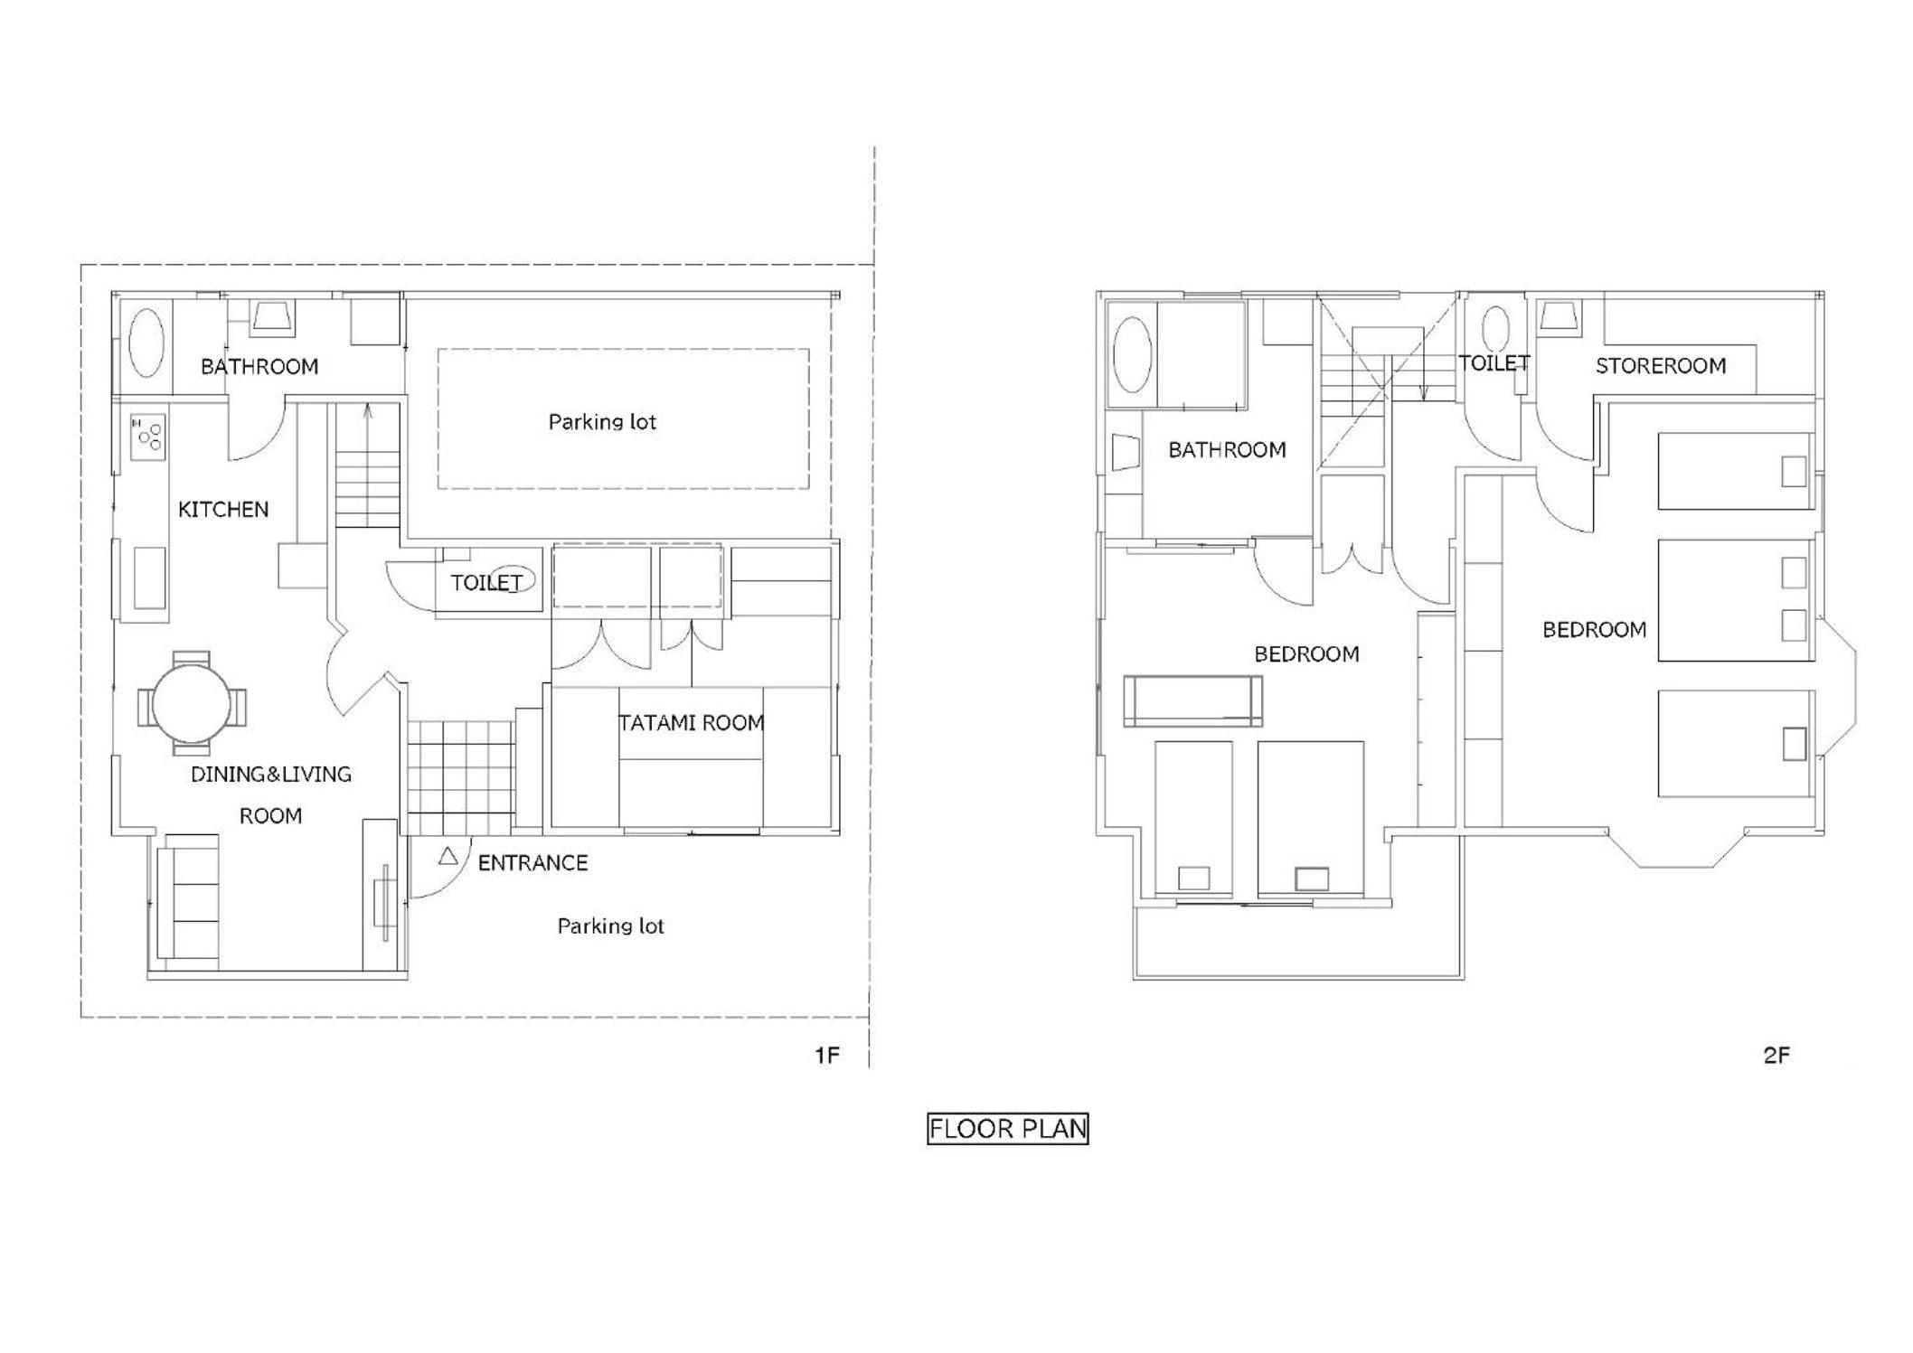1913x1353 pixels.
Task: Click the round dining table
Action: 191,703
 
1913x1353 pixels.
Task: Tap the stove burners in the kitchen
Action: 149,437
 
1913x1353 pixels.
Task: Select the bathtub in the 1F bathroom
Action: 146,343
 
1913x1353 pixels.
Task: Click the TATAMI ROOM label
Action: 692,723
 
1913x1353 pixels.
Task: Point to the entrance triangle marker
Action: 448,855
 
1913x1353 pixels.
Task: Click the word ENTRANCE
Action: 532,863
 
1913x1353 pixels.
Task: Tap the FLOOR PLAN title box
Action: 1008,1129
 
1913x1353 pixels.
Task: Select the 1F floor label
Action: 827,1055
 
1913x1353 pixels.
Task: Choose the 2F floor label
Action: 1776,1055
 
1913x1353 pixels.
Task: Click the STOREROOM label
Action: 1661,366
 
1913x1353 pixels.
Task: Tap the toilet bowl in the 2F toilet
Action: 1496,329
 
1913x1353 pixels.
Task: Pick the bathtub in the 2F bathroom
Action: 1132,354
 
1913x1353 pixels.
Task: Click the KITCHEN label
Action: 223,510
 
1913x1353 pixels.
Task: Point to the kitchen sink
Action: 149,578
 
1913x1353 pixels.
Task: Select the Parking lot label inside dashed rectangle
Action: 602,422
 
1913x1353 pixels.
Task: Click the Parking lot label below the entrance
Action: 610,926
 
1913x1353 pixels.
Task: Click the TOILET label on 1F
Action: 486,583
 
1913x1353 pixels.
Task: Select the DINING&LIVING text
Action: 271,775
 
